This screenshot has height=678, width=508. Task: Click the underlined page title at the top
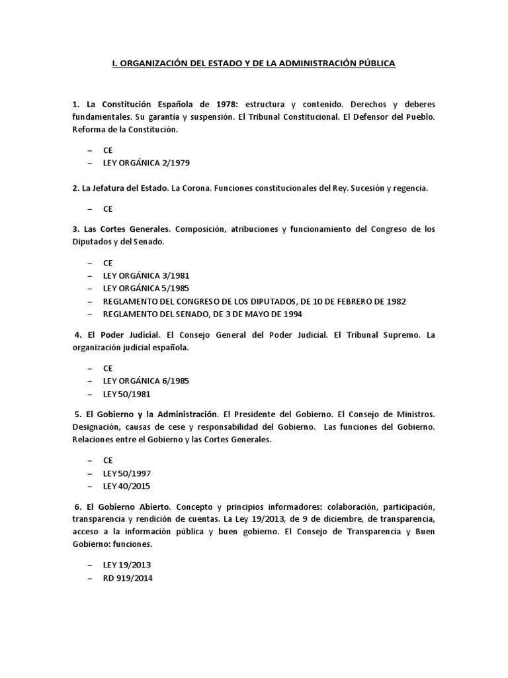(253, 64)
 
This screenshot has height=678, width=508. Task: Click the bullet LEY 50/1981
(126, 394)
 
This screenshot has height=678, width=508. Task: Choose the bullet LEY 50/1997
(126, 473)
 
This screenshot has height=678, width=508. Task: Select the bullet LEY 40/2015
(126, 486)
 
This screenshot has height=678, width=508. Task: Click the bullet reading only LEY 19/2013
(127, 565)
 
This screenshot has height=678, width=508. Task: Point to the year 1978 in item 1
(224, 105)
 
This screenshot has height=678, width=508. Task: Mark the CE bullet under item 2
(108, 209)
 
